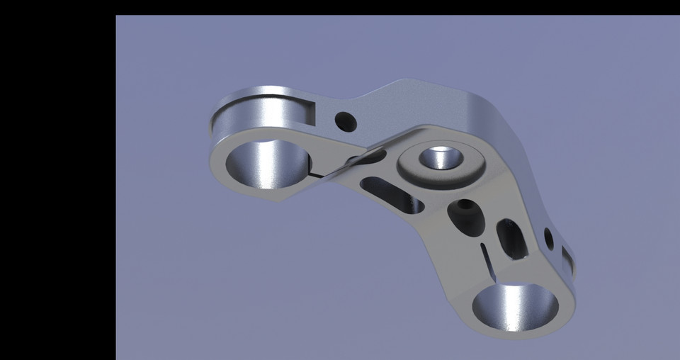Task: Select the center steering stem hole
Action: coord(440,157)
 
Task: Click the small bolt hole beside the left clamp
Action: coord(346,121)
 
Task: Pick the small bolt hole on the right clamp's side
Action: coord(548,237)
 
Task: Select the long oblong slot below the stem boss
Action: coord(392,196)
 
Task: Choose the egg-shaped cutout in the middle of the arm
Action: coord(466,217)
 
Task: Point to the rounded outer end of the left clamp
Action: coord(215,128)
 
